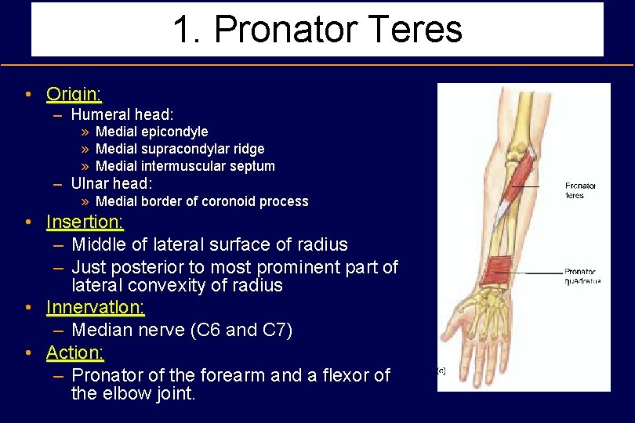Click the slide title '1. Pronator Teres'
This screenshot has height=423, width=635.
point(317,30)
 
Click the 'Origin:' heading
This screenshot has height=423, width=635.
point(74,95)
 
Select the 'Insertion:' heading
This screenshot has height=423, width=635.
point(85,222)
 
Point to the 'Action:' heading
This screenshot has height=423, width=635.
point(75,353)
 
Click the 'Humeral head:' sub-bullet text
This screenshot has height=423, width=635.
point(122,114)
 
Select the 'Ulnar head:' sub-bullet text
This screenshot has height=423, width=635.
point(111,183)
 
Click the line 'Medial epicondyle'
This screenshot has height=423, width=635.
point(151,132)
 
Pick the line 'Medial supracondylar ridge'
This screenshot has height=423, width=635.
point(180,149)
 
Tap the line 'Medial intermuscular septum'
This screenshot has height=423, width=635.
point(185,166)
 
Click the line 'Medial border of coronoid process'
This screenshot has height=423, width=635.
point(201,201)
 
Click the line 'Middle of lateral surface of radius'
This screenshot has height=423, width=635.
point(209,245)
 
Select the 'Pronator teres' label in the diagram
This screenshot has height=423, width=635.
point(580,190)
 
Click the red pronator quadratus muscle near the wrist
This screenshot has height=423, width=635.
point(496,270)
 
